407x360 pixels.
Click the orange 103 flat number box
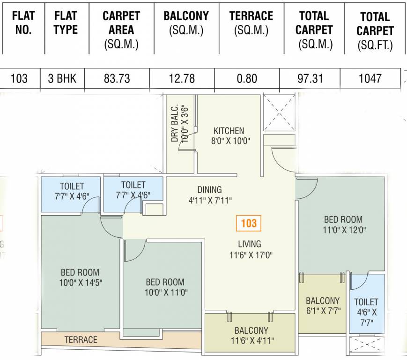248,223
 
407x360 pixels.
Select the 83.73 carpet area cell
117,78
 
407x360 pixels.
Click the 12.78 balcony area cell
182,78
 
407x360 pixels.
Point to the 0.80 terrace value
247,78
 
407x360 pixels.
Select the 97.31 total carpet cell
310,78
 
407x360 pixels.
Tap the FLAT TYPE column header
66,23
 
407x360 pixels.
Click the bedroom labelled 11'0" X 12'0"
343,225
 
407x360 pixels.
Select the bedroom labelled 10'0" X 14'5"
80,277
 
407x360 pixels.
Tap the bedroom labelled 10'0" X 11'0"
165,287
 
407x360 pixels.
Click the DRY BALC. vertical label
179,123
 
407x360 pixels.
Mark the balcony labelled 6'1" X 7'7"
323,305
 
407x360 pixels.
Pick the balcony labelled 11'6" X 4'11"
252,336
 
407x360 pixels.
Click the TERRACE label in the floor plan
81,339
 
